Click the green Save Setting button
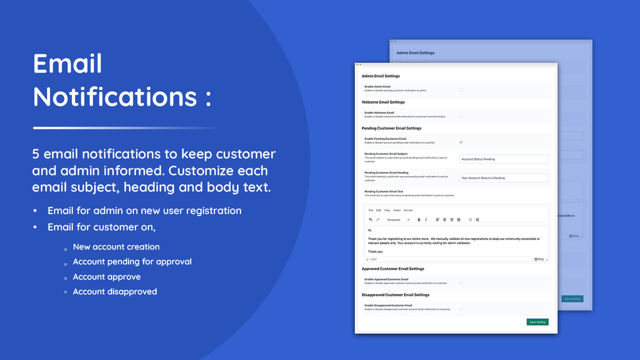(537, 322)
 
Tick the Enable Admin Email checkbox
(461, 90)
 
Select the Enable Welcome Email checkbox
(461, 116)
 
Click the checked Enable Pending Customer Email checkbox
(461, 142)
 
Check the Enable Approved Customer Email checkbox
(461, 282)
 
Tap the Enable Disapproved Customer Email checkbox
(461, 308)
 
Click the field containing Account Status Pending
(503, 159)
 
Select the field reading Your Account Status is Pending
(503, 178)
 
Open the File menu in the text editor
(370, 210)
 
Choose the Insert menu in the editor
(396, 210)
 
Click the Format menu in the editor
(408, 210)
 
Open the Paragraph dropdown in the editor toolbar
(398, 220)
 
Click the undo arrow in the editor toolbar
(370, 220)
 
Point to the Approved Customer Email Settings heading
(392, 268)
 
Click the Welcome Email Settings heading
(383, 102)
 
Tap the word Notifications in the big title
(115, 96)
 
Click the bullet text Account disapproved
(115, 291)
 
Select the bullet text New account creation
(116, 246)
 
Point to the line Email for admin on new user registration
(144, 210)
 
